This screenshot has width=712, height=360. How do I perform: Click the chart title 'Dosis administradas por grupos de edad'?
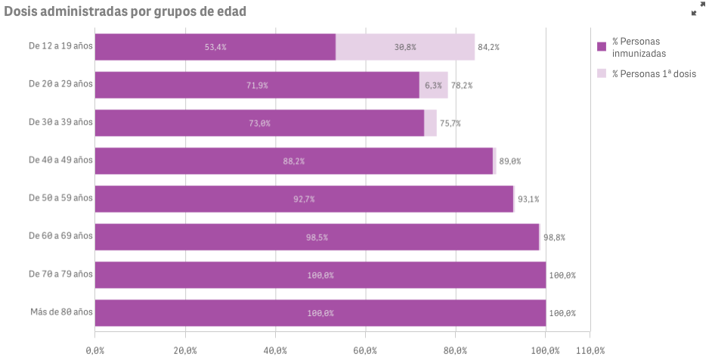point(125,11)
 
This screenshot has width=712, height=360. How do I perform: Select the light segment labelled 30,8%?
point(405,47)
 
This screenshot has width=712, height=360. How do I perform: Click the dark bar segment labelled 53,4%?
point(215,47)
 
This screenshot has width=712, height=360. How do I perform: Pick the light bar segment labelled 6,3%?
point(433,85)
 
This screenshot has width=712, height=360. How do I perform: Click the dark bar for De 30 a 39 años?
point(259,123)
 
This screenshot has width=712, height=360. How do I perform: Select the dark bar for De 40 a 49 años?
point(293,161)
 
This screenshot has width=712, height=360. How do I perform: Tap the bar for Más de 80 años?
point(320,313)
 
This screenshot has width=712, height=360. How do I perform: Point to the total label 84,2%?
point(488,47)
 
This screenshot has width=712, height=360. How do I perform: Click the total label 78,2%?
point(461,85)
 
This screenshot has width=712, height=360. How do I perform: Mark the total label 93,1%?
point(528,200)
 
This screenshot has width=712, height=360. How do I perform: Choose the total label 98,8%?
point(554,237)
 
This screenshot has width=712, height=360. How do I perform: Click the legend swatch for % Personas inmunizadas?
point(602,46)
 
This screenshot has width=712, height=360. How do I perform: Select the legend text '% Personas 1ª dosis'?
point(654,74)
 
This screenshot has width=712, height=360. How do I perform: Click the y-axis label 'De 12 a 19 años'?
point(60,45)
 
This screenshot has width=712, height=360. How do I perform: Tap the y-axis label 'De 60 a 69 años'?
point(60,236)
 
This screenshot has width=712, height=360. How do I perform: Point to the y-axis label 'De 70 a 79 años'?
point(60,274)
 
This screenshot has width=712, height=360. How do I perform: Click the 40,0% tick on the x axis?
point(275,350)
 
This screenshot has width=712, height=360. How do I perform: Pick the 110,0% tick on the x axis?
point(590,350)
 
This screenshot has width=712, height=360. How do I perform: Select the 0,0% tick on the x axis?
point(95,350)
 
